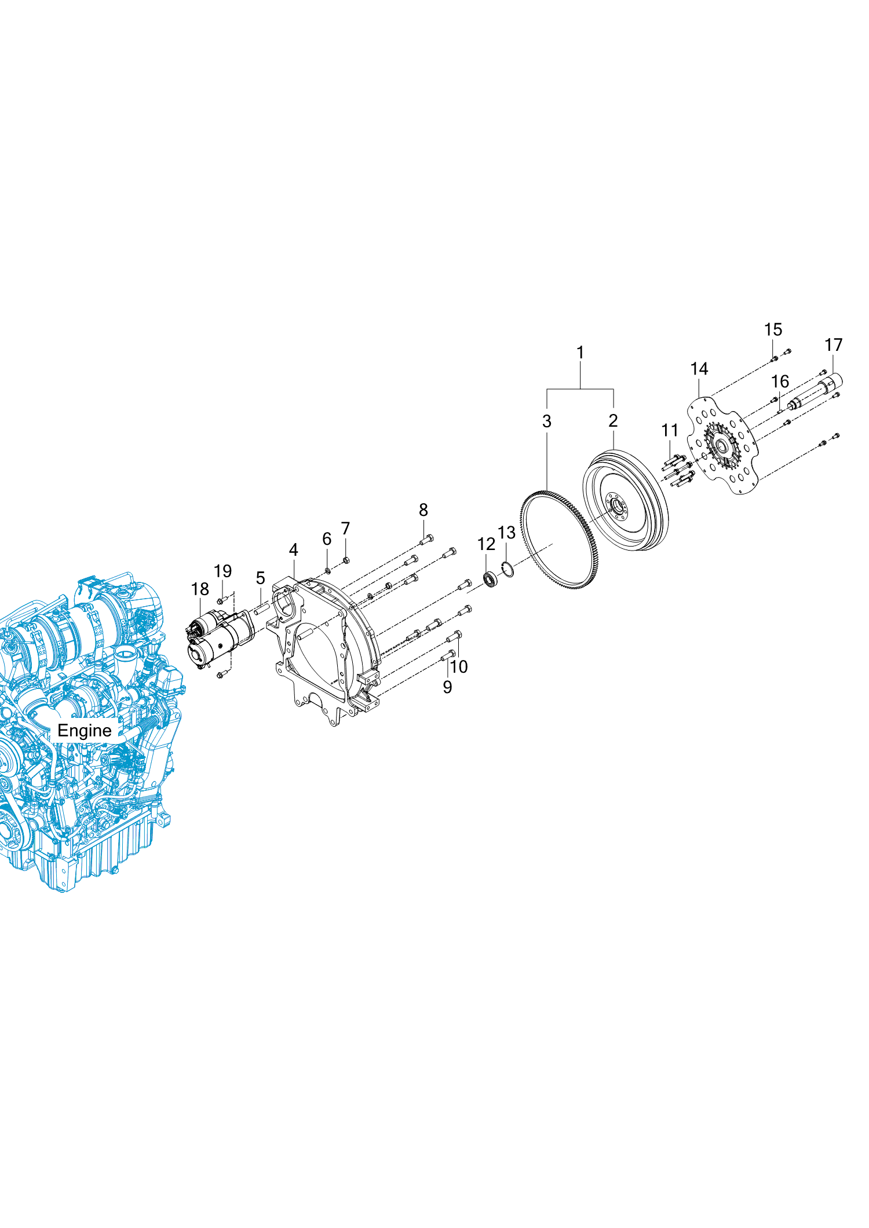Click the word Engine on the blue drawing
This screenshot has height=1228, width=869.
85,731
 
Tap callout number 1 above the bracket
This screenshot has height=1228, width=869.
580,352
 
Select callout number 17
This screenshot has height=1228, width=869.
833,345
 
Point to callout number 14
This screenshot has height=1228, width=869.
699,369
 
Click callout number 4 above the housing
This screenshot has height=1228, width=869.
294,549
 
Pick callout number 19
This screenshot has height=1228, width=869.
223,571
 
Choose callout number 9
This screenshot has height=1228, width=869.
447,687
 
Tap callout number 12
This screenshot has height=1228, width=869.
486,544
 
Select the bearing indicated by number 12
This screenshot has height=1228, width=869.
491,580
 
